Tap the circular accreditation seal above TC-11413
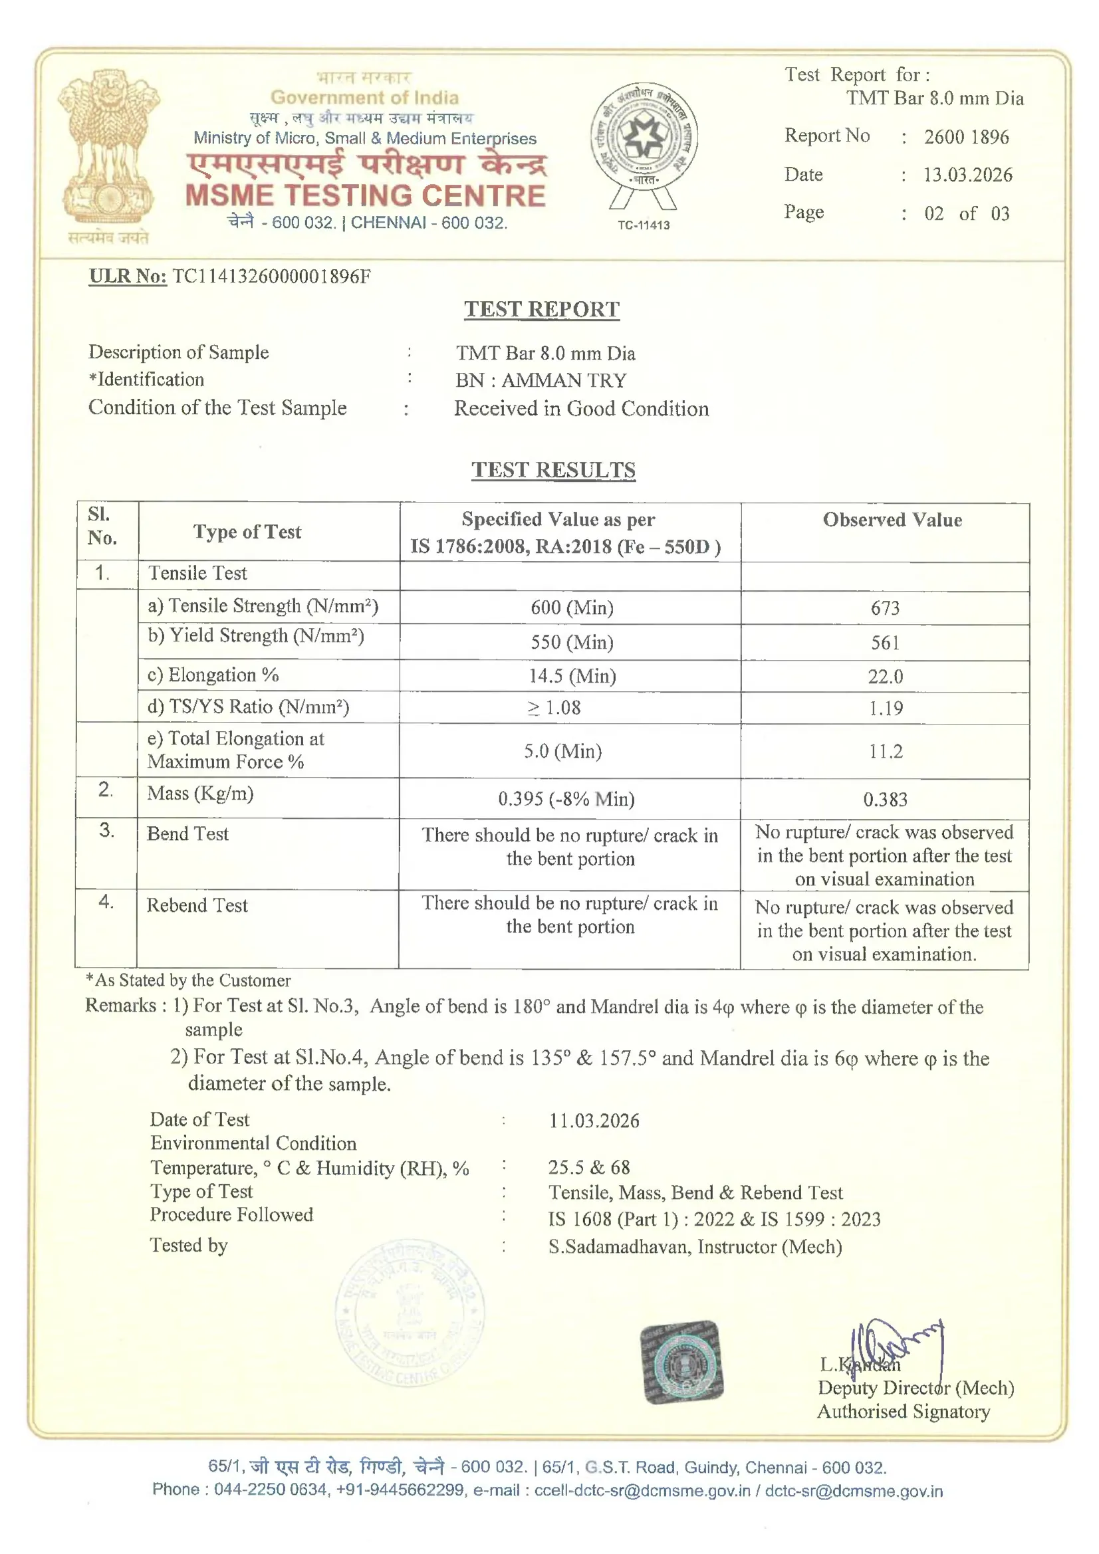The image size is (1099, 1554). click(644, 136)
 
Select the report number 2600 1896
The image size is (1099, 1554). click(966, 138)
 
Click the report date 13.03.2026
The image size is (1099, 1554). click(967, 175)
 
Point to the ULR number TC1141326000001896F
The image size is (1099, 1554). click(271, 276)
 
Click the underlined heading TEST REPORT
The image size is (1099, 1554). click(542, 309)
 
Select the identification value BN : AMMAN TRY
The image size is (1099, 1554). click(541, 380)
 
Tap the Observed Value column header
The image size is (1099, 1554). click(892, 520)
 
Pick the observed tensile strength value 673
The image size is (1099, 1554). click(885, 608)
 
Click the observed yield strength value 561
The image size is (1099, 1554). click(885, 642)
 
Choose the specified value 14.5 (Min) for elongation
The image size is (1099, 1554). click(572, 676)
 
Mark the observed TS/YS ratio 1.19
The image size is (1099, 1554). click(886, 708)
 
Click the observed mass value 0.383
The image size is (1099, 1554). click(885, 800)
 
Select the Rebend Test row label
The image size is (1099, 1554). click(197, 905)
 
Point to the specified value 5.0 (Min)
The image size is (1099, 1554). click(562, 751)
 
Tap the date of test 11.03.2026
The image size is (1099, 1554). click(594, 1121)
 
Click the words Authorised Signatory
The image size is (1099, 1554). click(904, 1412)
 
